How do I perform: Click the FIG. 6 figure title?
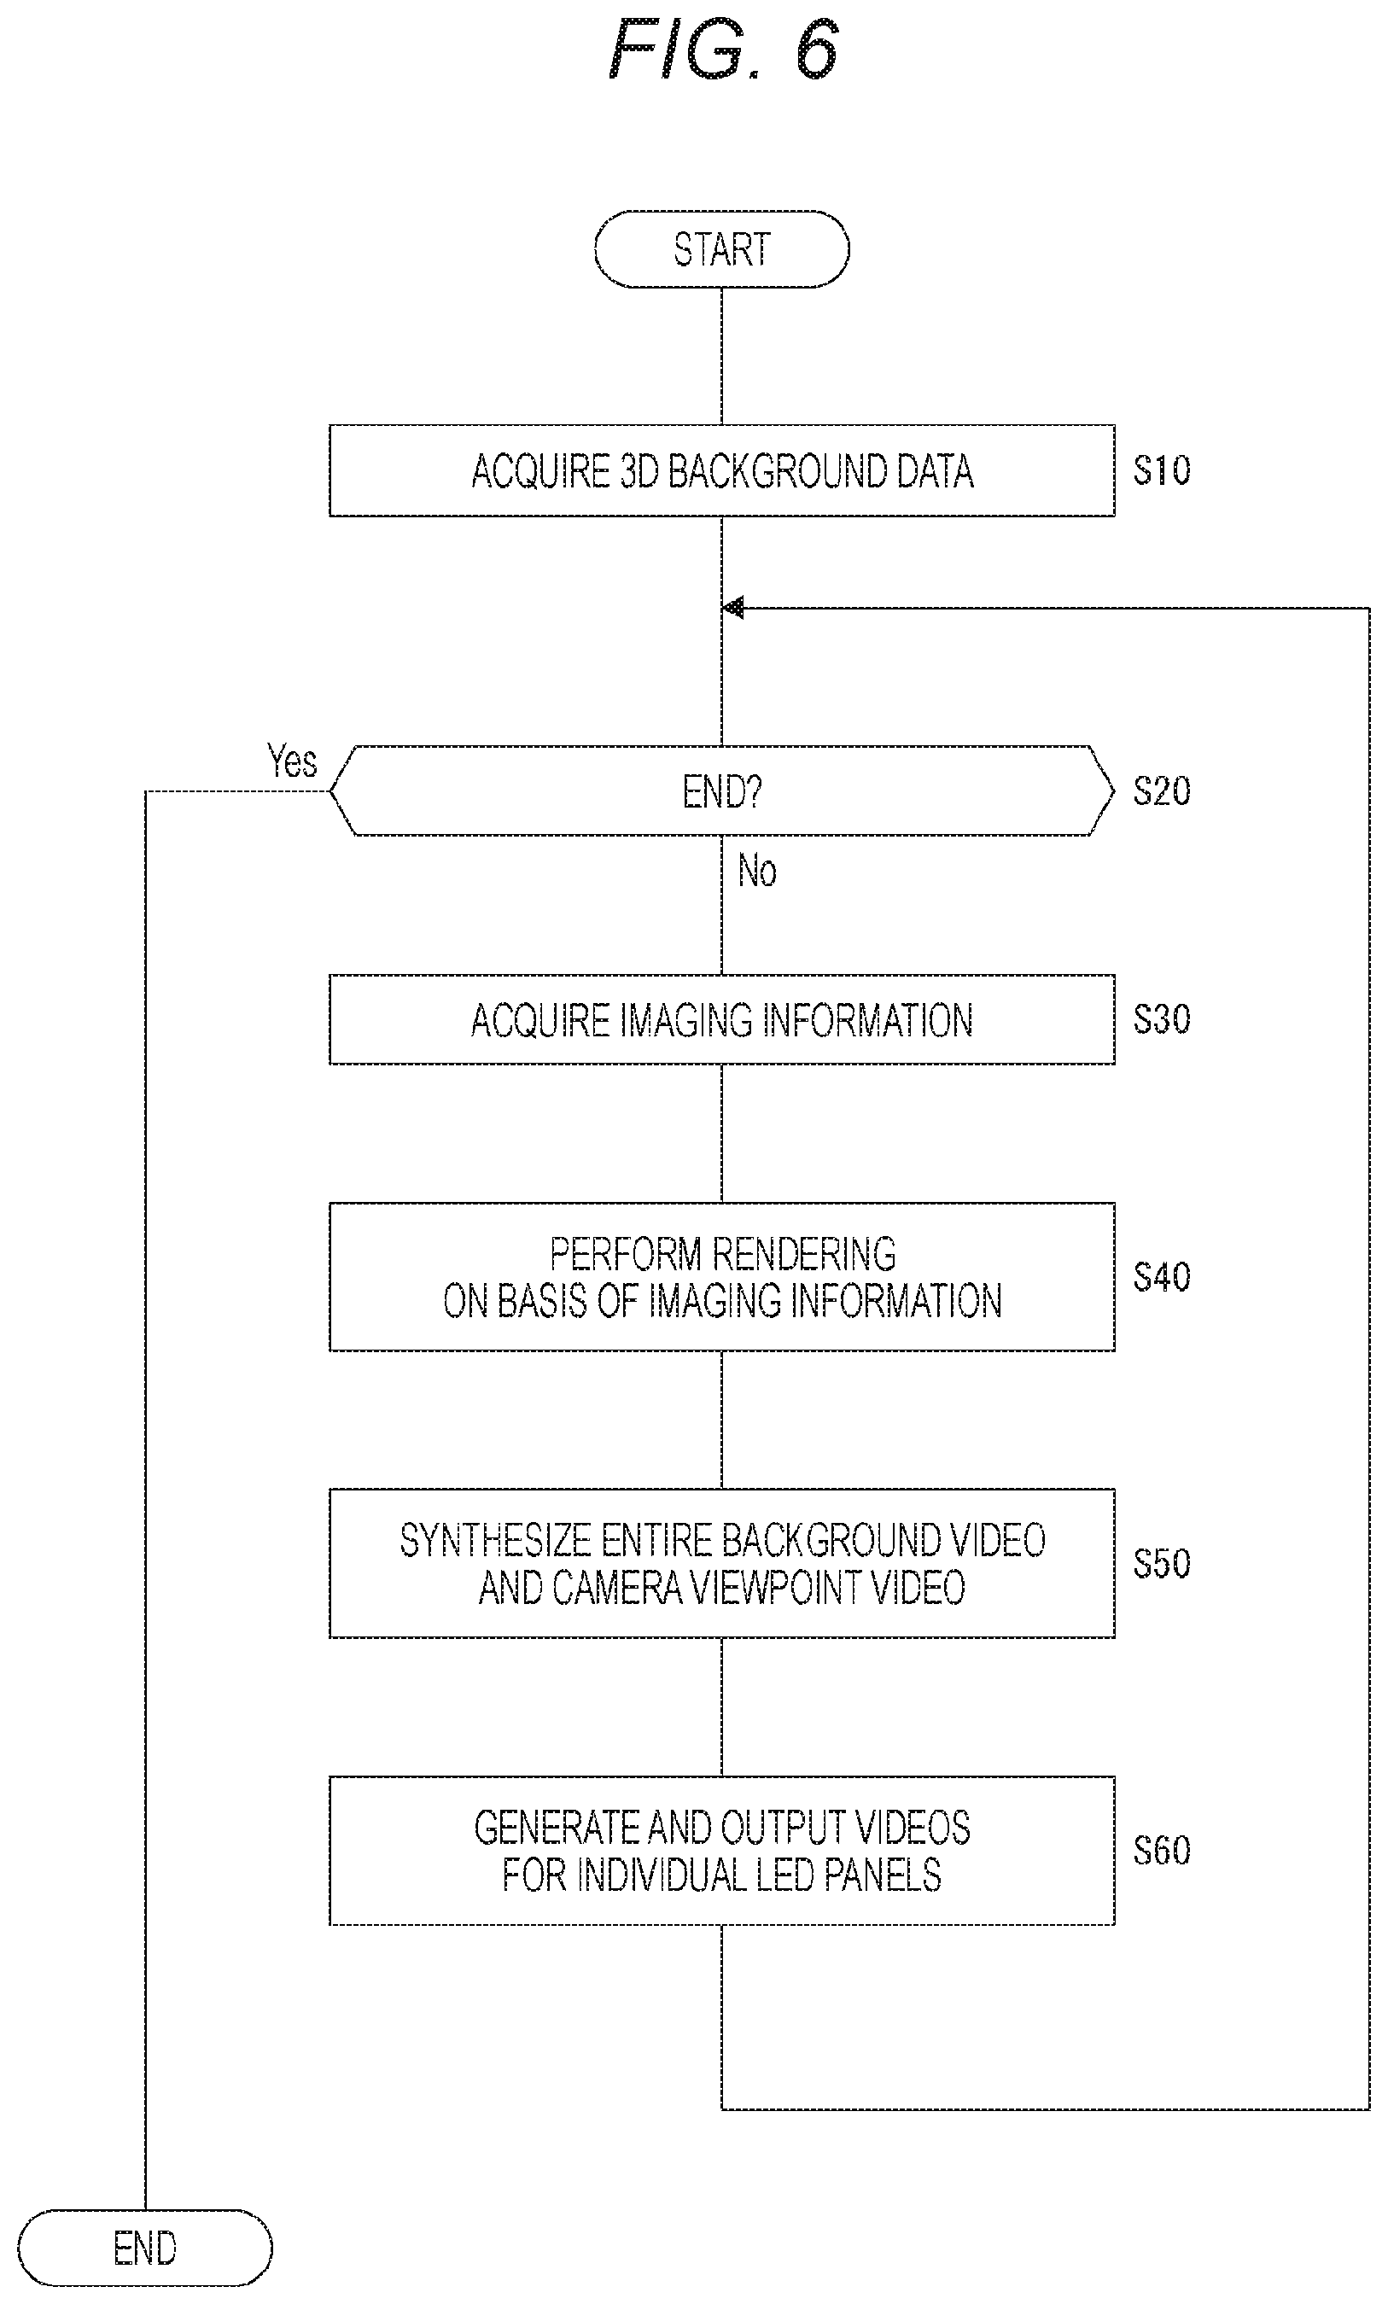pyautogui.click(x=722, y=49)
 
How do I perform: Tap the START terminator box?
pyautogui.click(x=721, y=248)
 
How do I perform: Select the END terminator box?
pyautogui.click(x=145, y=2247)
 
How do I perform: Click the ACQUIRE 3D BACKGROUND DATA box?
pyautogui.click(x=721, y=470)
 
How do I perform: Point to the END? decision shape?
pyautogui.click(x=721, y=791)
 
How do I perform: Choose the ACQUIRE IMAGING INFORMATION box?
pyautogui.click(x=721, y=1019)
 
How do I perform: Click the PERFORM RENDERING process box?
pyautogui.click(x=721, y=1276)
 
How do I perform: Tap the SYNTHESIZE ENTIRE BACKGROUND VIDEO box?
pyautogui.click(x=721, y=1563)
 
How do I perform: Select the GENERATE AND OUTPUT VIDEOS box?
pyautogui.click(x=721, y=1851)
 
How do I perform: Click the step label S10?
pyautogui.click(x=1162, y=470)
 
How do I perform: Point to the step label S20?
pyautogui.click(x=1162, y=791)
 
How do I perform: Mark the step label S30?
pyautogui.click(x=1162, y=1019)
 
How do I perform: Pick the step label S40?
pyautogui.click(x=1162, y=1277)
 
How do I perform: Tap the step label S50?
pyautogui.click(x=1162, y=1563)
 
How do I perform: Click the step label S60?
pyautogui.click(x=1162, y=1851)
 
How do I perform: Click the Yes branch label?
pyautogui.click(x=292, y=761)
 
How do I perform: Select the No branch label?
pyautogui.click(x=756, y=871)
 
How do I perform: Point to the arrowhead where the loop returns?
pyautogui.click(x=733, y=608)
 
